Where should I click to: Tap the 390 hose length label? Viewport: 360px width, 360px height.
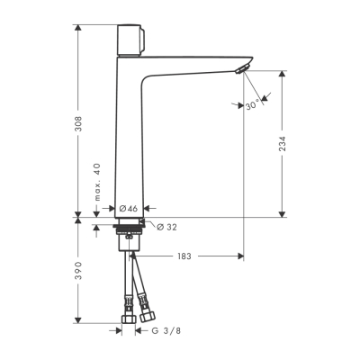(x=79, y=270)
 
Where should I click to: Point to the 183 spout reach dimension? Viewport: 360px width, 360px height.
(x=184, y=256)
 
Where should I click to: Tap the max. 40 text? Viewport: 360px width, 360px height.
(x=96, y=182)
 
